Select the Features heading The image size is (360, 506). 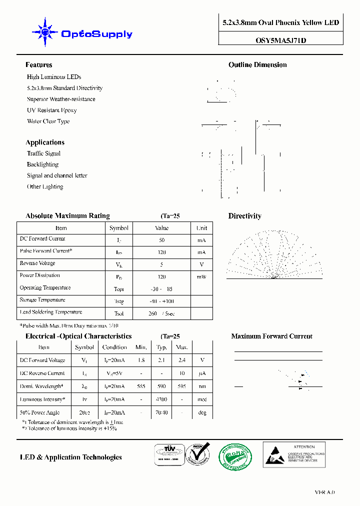coord(39,65)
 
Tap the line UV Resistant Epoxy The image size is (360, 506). coord(51,110)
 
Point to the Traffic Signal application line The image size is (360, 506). coord(43,153)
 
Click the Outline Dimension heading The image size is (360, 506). coord(257,65)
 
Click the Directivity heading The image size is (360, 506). coord(244,216)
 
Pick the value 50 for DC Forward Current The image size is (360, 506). coord(161,240)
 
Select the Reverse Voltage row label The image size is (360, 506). coord(37,263)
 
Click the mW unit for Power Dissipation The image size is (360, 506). coord(201,276)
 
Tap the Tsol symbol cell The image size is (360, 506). coord(119,313)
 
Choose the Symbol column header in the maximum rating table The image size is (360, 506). coord(119,228)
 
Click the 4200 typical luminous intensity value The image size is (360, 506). coord(161,399)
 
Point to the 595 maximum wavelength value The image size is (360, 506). coord(182,386)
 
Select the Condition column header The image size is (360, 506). coord(114,347)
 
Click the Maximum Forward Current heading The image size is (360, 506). coord(271,336)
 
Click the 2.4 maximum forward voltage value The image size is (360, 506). coord(182,360)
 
